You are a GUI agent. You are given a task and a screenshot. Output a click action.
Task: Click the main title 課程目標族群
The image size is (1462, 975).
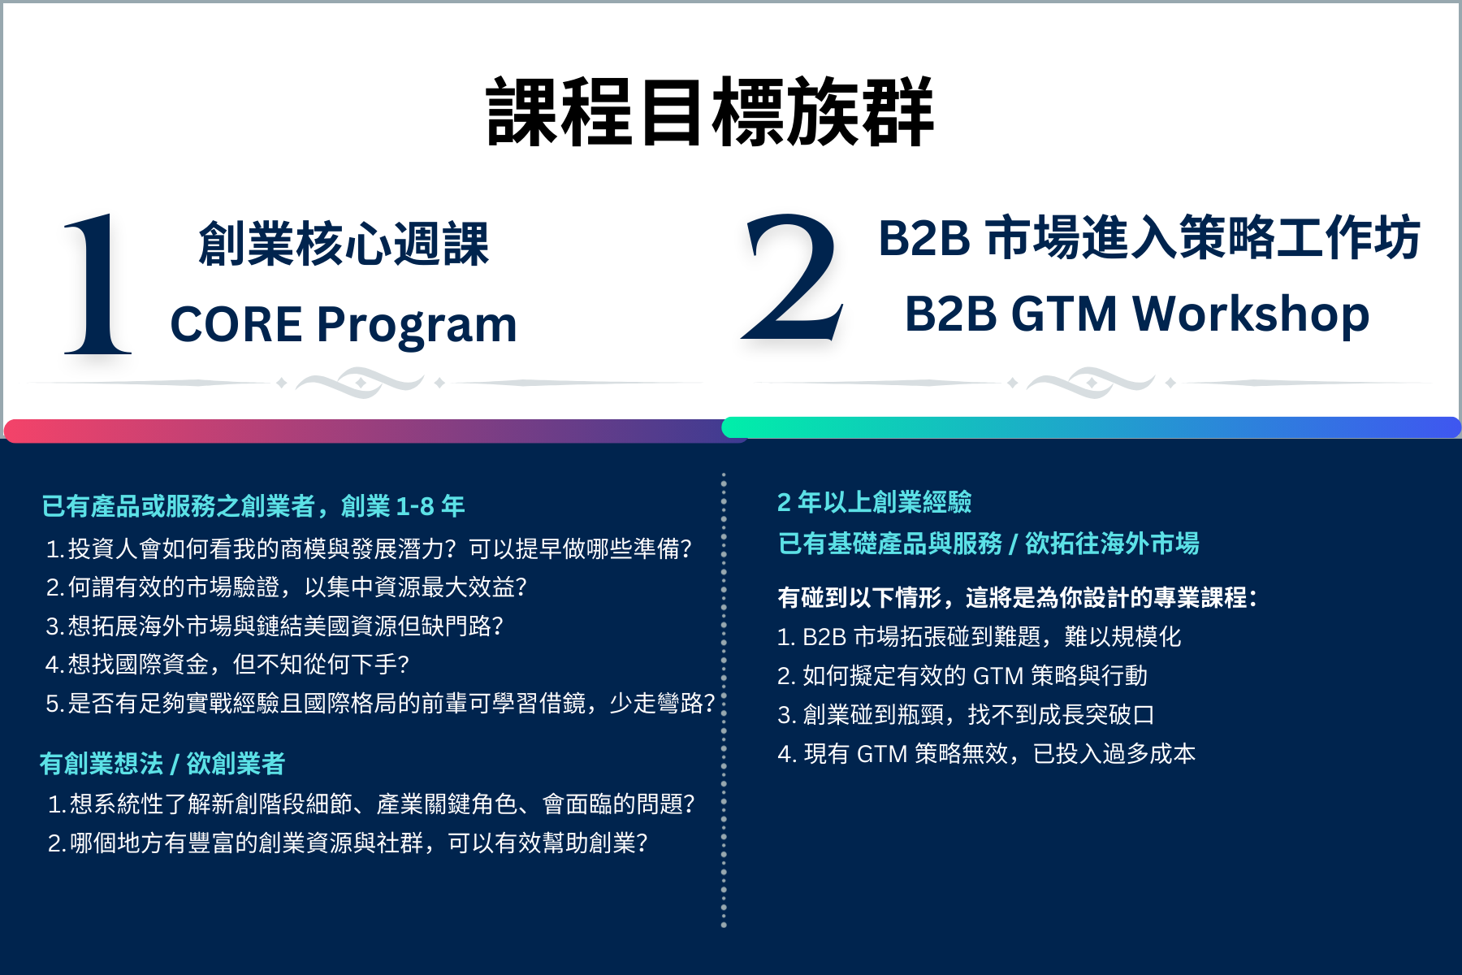click(x=710, y=113)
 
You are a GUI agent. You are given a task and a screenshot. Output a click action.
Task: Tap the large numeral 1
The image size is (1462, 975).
click(x=98, y=284)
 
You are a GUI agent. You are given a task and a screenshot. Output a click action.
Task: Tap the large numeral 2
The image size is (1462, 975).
click(x=793, y=278)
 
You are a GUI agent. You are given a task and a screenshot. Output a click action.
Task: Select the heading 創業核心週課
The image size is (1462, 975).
click(x=344, y=244)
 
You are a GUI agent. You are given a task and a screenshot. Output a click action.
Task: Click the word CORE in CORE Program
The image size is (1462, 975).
click(x=236, y=325)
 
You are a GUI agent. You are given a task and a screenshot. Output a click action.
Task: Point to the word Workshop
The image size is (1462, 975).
click(x=1251, y=314)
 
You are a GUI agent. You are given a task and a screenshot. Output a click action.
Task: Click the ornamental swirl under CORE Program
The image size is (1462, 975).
click(x=360, y=382)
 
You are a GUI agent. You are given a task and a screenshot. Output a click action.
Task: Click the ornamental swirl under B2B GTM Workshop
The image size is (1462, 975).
click(x=1091, y=382)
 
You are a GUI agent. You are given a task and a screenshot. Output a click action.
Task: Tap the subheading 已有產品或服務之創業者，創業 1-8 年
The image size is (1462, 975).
click(x=253, y=506)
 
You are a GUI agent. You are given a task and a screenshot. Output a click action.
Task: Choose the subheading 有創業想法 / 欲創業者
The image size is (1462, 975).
click(x=162, y=764)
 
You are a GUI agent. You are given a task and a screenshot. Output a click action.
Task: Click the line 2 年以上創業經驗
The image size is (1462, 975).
click(x=874, y=502)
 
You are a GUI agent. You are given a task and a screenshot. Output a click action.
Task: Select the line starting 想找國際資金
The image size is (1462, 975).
click(x=227, y=665)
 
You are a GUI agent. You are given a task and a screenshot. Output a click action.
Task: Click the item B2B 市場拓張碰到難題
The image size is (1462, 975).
click(x=979, y=636)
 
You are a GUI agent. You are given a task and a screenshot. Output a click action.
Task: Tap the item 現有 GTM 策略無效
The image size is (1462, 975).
click(x=986, y=754)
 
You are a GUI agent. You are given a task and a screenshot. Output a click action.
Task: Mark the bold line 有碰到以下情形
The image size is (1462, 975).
click(x=1017, y=598)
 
